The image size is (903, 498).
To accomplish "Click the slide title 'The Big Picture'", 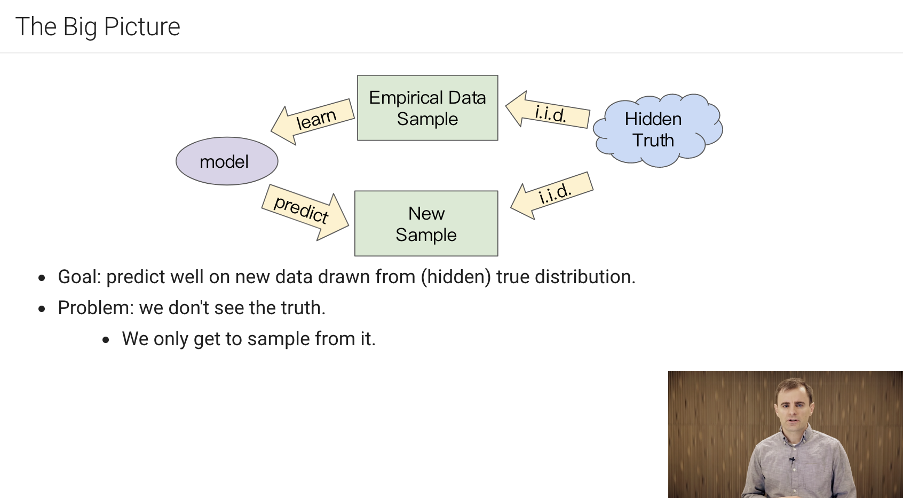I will tap(98, 27).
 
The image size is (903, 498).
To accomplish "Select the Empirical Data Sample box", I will tap(427, 108).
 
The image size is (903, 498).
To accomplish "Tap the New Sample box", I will tap(426, 224).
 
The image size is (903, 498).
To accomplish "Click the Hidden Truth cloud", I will tap(656, 130).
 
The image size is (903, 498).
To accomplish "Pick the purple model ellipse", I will tap(227, 161).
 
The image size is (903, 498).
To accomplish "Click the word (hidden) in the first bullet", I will tap(455, 277).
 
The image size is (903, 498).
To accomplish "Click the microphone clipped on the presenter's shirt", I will tap(793, 459).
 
